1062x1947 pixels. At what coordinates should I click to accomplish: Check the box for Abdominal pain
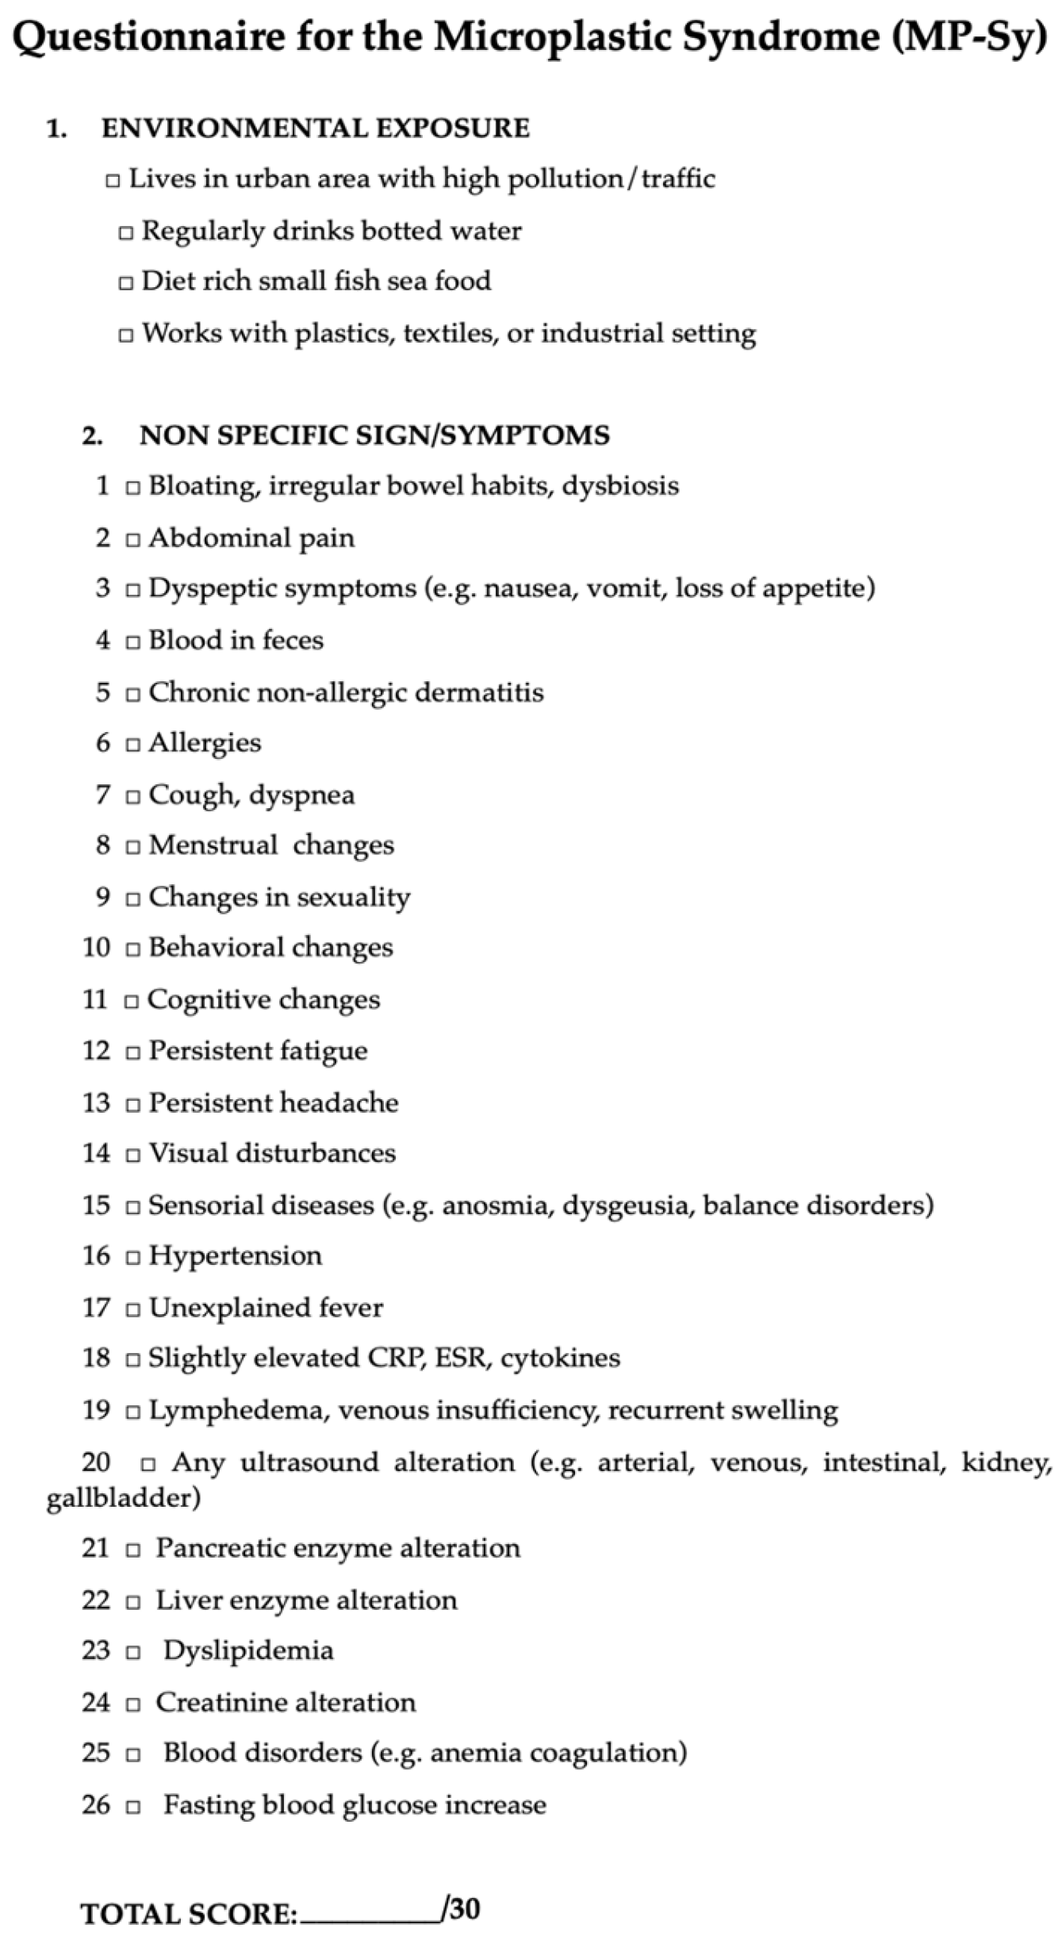tap(133, 540)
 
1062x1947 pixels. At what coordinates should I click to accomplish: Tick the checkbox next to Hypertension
tap(133, 1257)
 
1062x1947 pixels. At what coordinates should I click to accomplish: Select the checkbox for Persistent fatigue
tap(133, 1052)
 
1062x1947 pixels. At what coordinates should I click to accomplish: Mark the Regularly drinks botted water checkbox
tap(125, 233)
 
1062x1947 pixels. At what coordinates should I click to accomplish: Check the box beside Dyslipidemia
tap(134, 1653)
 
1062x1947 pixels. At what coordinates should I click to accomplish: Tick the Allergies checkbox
tap(133, 745)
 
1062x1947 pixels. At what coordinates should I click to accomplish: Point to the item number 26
tap(96, 1804)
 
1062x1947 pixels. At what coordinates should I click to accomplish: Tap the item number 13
tap(96, 1102)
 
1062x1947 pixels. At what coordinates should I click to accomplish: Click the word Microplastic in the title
tap(554, 36)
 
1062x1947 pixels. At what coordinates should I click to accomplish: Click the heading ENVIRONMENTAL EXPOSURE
tap(315, 128)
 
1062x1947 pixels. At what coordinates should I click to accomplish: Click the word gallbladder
tap(123, 1497)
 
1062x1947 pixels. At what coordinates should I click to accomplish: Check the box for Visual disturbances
tap(133, 1155)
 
